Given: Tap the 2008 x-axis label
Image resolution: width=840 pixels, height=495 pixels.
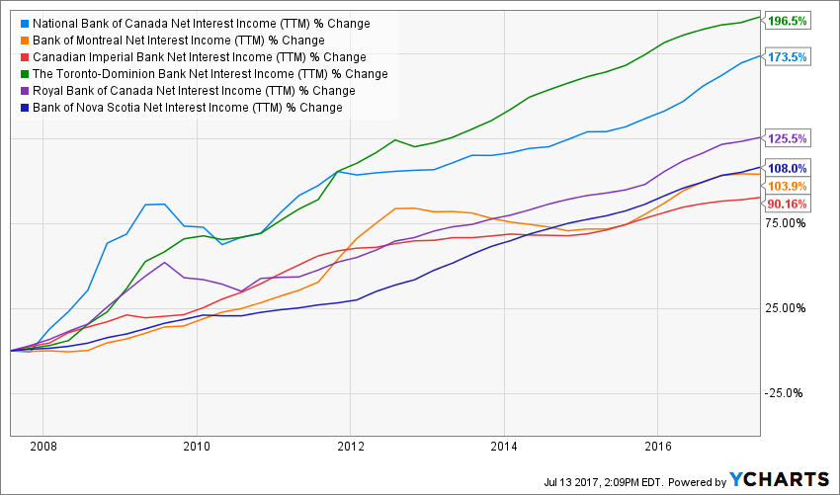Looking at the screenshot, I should pos(42,448).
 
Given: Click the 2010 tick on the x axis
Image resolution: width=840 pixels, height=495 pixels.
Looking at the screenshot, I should pos(197,448).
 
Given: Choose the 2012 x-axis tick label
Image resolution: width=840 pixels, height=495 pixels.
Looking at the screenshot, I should pos(350,448).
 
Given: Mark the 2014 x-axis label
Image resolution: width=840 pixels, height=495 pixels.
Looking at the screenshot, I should pos(504,448).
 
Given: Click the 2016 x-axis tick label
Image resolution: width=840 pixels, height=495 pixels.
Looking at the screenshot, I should pos(658,448).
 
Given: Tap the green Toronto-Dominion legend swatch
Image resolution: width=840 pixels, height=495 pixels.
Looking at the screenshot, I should pos(22,74).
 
